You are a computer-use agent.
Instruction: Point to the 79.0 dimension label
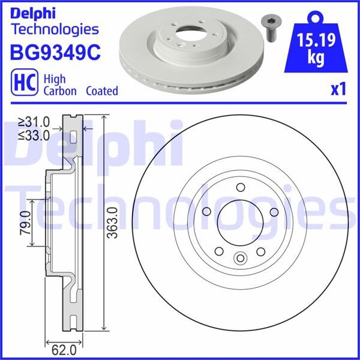[x=25, y=223]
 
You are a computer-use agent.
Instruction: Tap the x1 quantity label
[x=338, y=89]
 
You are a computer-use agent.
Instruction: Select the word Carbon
[x=59, y=91]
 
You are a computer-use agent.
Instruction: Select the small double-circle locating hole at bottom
[x=240, y=259]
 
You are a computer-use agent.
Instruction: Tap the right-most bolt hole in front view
[x=273, y=211]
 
